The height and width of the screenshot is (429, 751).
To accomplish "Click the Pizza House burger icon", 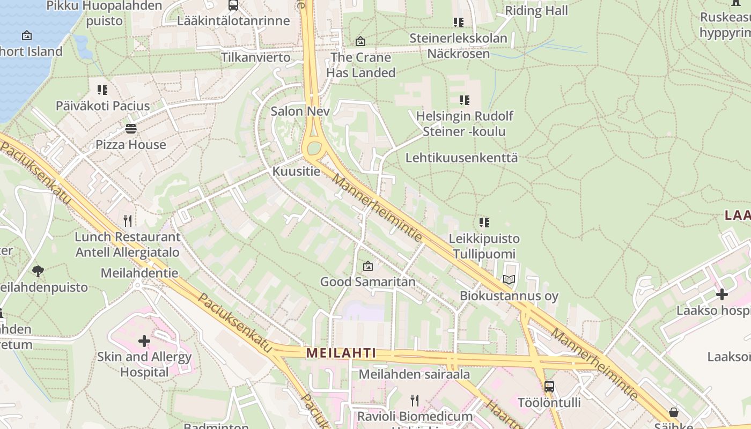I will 131,129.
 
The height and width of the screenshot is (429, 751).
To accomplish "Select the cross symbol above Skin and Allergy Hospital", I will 144,341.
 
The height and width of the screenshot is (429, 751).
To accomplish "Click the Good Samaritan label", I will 367,282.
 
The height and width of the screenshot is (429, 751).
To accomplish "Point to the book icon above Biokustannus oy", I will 509,279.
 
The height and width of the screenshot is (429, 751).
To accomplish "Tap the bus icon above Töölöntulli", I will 549,386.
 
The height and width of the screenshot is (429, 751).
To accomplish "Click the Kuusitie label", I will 296,172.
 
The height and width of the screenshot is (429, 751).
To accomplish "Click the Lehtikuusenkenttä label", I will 461,158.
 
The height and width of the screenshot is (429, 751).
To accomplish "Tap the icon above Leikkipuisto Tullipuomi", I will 484,222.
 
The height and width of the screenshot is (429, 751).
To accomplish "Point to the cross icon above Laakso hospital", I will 722,294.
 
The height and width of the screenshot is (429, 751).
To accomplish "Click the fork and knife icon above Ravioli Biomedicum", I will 414,400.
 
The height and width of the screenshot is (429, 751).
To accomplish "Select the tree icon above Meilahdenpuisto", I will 38,271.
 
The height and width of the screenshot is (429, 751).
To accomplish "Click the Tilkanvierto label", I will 256,57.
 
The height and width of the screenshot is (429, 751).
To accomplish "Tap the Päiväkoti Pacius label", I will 103,106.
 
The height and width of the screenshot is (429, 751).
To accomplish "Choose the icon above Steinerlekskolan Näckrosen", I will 458,22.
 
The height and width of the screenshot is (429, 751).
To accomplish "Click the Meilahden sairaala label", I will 414,374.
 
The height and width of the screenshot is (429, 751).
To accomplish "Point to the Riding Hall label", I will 536,10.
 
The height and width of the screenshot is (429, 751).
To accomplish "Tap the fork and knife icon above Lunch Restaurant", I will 128,220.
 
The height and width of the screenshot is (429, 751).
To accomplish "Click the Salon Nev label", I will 300,112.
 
